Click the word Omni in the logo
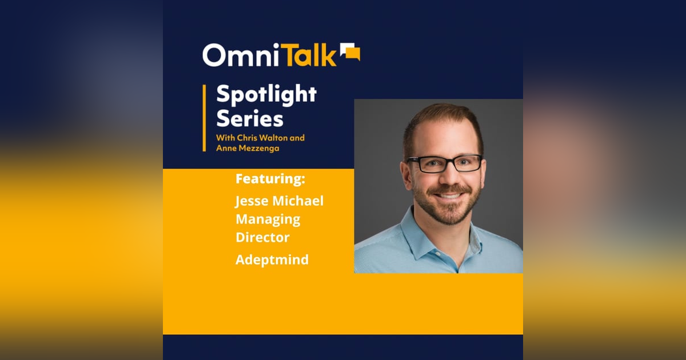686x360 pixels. tap(238, 55)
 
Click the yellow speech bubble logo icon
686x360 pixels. tap(350, 52)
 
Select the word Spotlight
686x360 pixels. tap(266, 95)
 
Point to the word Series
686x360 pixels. tap(249, 119)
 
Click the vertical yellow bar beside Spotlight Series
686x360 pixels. tap(204, 118)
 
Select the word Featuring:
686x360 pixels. tap(270, 179)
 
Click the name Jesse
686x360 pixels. tap(252, 201)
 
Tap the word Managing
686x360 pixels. tap(268, 219)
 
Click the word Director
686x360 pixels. tap(263, 237)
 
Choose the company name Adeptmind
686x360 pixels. tap(272, 259)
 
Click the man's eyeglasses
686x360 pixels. tap(444, 163)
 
